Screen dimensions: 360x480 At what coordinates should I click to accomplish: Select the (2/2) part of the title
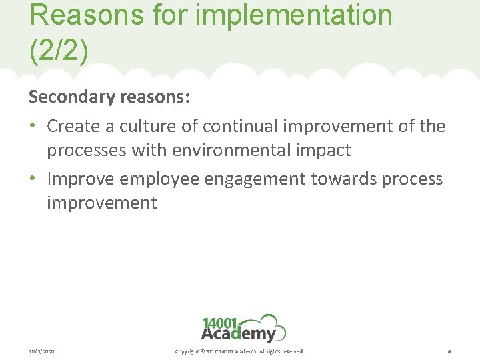[59, 51]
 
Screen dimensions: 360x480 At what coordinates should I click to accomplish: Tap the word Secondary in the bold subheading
[72, 97]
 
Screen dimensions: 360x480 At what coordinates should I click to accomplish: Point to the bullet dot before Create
[33, 126]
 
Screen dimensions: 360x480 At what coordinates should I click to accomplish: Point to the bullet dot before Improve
[33, 179]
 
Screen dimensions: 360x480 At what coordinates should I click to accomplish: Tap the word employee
[151, 179]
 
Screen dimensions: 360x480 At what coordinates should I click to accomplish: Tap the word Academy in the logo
[238, 333]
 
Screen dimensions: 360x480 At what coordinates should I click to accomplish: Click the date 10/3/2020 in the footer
[41, 351]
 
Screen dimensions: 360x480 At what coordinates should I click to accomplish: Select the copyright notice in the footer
[239, 351]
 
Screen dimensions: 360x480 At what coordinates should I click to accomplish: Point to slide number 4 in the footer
[449, 351]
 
